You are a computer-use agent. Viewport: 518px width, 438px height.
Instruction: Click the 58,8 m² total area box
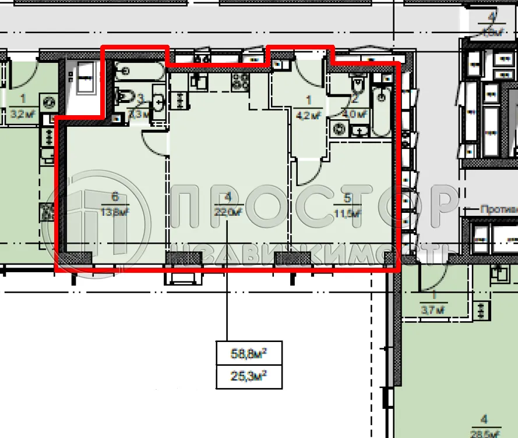tap(249, 352)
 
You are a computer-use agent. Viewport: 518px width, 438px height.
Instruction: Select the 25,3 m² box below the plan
tap(249, 377)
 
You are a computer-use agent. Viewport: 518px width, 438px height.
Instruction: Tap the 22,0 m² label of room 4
tap(228, 212)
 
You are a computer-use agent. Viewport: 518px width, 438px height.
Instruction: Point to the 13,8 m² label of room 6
tap(115, 212)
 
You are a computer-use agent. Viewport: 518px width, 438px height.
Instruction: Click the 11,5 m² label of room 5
tap(348, 213)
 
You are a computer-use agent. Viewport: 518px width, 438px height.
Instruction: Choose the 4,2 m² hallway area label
tap(309, 115)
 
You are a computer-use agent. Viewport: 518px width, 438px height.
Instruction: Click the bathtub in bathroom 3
tap(139, 72)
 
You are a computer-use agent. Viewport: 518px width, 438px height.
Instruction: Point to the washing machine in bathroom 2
tap(338, 127)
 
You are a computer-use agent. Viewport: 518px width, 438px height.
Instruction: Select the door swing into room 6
tap(155, 143)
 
